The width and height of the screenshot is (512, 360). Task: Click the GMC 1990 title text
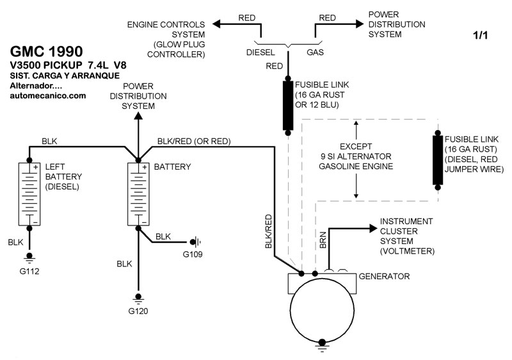(45, 51)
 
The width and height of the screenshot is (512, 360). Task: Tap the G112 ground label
(29, 270)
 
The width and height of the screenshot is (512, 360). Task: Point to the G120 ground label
(138, 312)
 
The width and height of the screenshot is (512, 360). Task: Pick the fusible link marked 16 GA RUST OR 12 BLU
(288, 106)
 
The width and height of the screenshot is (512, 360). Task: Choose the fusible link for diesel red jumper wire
(438, 160)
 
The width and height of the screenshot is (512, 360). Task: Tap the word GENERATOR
(384, 277)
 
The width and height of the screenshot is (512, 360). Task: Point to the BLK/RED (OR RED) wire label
(194, 141)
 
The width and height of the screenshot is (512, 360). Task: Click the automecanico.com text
(48, 95)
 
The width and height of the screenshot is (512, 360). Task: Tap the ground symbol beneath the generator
(321, 348)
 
